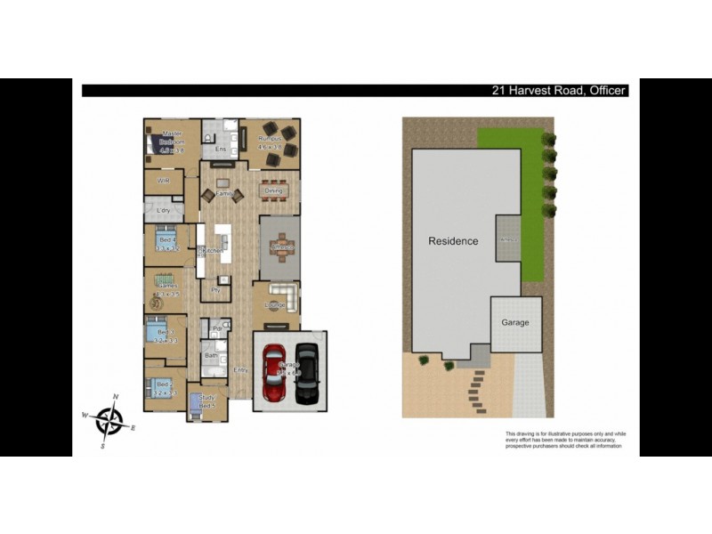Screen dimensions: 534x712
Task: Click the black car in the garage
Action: point(306,372)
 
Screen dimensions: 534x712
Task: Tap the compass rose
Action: point(109,420)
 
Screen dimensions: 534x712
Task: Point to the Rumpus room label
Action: point(270,140)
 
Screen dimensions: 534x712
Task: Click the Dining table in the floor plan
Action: point(274,189)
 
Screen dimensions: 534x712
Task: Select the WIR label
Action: point(164,181)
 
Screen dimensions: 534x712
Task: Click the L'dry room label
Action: point(164,210)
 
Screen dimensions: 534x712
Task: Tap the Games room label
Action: point(166,286)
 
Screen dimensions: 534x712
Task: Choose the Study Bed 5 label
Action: point(208,401)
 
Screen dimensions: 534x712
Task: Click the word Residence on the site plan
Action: point(453,241)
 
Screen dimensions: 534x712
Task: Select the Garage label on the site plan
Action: point(515,323)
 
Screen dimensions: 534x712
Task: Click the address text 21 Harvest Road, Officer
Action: point(560,91)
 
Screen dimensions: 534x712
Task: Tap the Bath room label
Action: point(211,355)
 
